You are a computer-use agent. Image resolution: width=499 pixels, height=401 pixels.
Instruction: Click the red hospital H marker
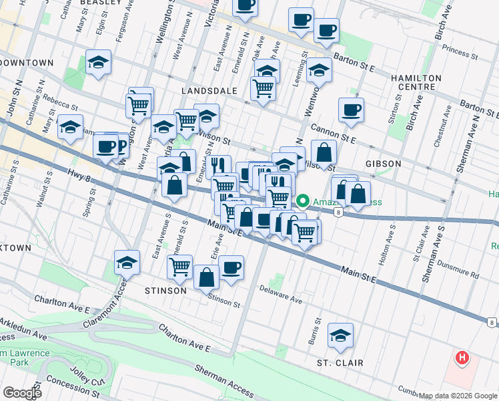point(461,359)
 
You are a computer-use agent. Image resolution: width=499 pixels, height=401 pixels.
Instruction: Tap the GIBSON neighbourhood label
point(384,164)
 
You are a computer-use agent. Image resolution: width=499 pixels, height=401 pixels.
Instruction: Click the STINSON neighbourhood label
point(165,291)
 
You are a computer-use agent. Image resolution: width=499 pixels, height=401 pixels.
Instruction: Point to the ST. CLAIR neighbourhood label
point(340,363)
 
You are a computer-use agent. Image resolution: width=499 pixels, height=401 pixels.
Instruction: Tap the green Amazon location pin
point(302,200)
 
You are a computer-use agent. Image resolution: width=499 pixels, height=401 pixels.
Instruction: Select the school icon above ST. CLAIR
point(341,336)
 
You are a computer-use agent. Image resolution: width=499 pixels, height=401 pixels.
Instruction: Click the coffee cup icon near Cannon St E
point(351,110)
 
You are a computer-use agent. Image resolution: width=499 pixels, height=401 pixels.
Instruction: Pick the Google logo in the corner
point(21,392)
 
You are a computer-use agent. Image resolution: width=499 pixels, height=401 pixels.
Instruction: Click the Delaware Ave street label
point(281,301)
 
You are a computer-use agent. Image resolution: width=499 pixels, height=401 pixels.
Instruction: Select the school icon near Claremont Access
point(127,263)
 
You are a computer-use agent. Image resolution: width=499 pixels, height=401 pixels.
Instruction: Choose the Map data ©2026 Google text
point(458,396)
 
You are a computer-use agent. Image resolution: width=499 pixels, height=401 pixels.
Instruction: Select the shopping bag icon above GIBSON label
point(324,153)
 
